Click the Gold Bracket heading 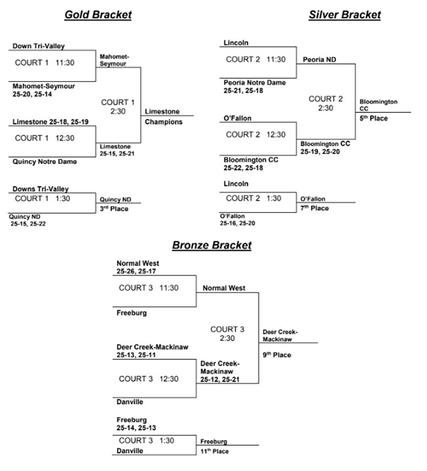(x=98, y=15)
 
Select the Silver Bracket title (x=344, y=15)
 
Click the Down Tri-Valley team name (x=39, y=46)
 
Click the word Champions (x=164, y=122)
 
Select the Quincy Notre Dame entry (x=45, y=161)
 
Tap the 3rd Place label (x=114, y=209)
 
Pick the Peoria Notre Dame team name (x=255, y=83)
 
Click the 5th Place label (x=374, y=119)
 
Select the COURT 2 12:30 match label (x=256, y=134)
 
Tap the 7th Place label (x=314, y=208)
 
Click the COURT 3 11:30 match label (x=149, y=288)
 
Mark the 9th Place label (x=277, y=355)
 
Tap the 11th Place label (x=214, y=451)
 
